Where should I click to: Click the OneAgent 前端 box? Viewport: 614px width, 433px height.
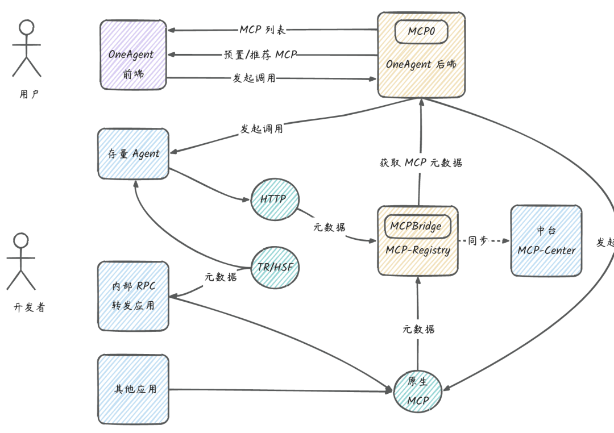click(133, 55)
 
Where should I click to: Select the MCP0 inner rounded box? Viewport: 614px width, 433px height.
click(421, 31)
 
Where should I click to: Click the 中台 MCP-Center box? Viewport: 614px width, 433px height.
click(546, 241)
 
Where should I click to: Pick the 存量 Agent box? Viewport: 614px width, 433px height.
click(134, 153)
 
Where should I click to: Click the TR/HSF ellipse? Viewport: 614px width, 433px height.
click(275, 267)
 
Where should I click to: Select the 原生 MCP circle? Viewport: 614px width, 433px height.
click(418, 391)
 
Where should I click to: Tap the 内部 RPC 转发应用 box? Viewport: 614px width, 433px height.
click(134, 295)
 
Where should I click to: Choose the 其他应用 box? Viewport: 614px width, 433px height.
click(134, 389)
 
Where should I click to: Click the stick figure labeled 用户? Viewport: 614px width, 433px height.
click(27, 48)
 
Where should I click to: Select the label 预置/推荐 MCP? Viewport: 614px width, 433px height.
click(260, 55)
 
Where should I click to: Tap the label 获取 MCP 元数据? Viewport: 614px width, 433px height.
click(421, 163)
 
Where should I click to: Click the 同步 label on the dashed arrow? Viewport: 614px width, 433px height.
click(478, 241)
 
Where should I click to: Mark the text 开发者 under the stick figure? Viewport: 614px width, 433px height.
click(29, 307)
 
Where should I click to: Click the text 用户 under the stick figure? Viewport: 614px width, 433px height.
click(29, 94)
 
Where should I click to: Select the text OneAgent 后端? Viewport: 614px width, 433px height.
click(421, 64)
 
